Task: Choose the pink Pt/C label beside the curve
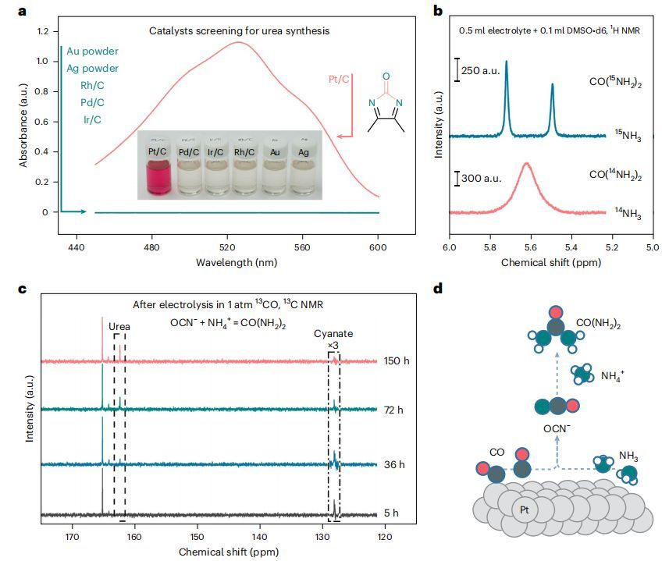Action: pyautogui.click(x=337, y=78)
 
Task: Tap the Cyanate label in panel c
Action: pyautogui.click(x=334, y=333)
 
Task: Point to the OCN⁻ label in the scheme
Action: pyautogui.click(x=557, y=428)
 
